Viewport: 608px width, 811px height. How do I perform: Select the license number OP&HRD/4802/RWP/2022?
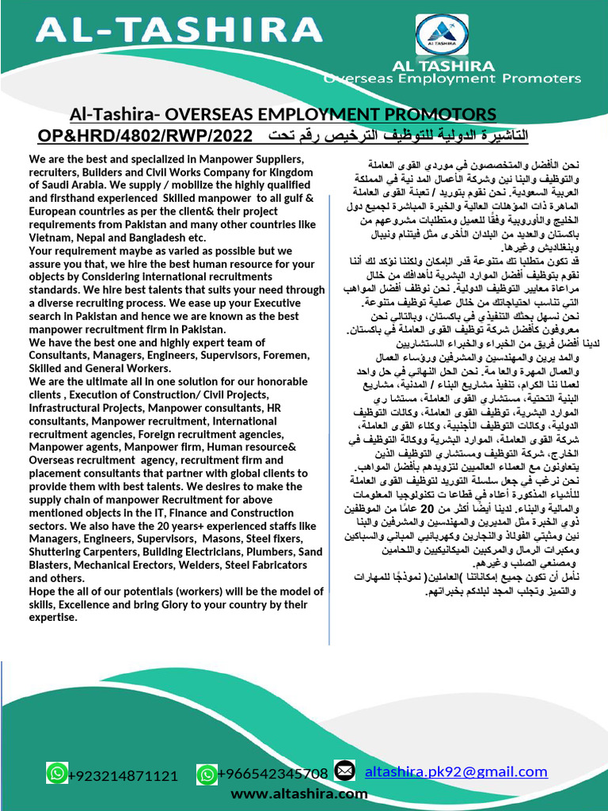click(x=145, y=135)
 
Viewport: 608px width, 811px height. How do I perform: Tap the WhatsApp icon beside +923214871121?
click(x=57, y=772)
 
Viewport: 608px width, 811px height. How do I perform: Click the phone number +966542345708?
click(x=273, y=774)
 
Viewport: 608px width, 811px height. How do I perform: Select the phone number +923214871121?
click(x=123, y=775)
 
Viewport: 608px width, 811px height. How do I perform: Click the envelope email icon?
click(x=344, y=770)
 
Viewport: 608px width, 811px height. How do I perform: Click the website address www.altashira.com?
click(x=299, y=793)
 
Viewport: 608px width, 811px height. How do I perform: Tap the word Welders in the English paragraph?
click(x=202, y=565)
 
